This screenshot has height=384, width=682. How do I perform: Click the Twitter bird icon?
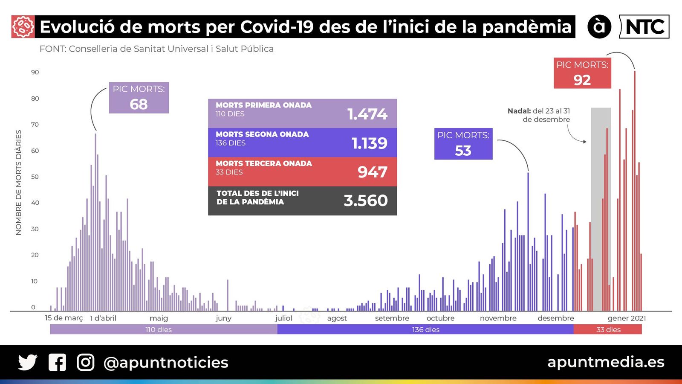click(28, 362)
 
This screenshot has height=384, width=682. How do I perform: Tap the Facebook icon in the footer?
click(57, 362)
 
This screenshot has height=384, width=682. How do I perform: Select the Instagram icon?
click(86, 362)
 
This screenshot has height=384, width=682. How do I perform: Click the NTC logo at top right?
click(644, 27)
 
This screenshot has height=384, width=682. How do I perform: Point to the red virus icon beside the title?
click(23, 27)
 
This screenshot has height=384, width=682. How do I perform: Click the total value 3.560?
click(366, 201)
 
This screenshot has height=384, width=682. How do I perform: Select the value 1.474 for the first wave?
click(367, 114)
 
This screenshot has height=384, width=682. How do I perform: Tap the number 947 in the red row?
click(372, 172)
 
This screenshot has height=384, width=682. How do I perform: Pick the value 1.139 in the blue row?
click(369, 143)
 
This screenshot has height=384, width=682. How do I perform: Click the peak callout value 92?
click(582, 80)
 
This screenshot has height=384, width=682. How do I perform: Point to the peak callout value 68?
click(139, 104)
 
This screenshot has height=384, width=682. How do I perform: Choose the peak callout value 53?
click(463, 151)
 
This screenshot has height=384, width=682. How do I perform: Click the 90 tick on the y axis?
click(35, 72)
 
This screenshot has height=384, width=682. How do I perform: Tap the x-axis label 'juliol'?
click(283, 318)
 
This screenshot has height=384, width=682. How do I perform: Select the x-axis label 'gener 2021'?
click(627, 318)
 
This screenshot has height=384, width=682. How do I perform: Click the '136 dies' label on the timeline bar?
click(425, 329)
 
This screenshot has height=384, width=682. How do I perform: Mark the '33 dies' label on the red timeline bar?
click(608, 329)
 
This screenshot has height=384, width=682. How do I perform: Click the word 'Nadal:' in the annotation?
click(519, 111)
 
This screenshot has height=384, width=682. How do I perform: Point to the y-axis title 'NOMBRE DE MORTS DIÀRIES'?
click(18, 182)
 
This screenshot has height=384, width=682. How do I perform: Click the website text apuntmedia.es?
click(606, 362)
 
